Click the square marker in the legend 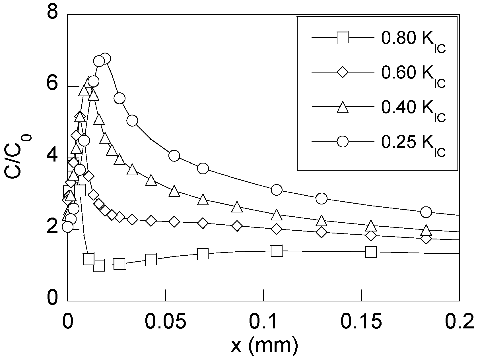pyautogui.click(x=343, y=38)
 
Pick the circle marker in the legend pyautogui.click(x=343, y=141)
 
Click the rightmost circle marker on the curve pyautogui.click(x=426, y=212)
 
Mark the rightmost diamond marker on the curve pyautogui.click(x=426, y=238)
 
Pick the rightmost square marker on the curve pyautogui.click(x=371, y=252)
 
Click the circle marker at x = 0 pyautogui.click(x=68, y=227)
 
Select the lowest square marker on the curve pyautogui.click(x=99, y=266)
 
